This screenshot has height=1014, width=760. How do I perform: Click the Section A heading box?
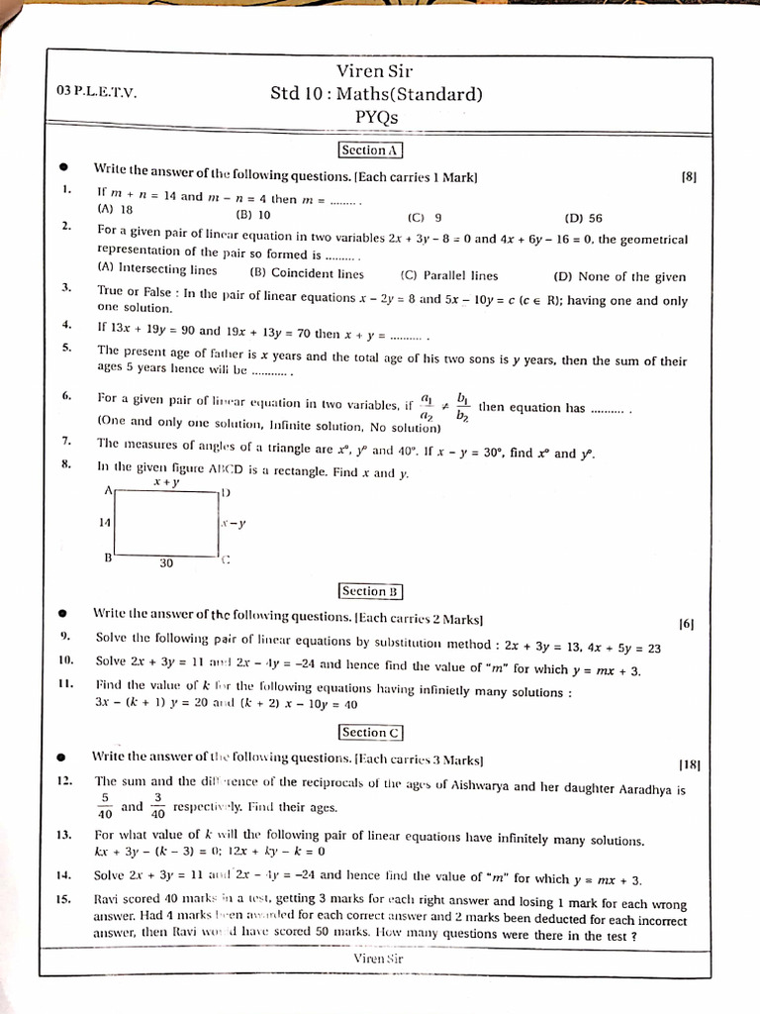point(370,151)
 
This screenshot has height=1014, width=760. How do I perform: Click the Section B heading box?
point(370,591)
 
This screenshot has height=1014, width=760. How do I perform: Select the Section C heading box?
point(370,733)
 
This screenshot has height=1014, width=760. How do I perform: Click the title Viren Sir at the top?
point(374,70)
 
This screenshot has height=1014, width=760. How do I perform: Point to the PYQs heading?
point(376,117)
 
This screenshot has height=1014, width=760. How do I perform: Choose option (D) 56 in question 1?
point(583,218)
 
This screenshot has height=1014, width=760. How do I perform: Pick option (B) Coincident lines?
point(307,274)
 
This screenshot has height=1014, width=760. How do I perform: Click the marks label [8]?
point(690,177)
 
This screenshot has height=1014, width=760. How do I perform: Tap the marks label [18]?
point(690,764)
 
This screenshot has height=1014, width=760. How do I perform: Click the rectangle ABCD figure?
point(166,523)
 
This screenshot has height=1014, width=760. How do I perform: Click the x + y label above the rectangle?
point(166,482)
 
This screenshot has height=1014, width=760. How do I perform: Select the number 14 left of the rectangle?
point(104,523)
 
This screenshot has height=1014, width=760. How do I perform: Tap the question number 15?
point(63,900)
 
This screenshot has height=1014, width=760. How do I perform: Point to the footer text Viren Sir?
point(378,959)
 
